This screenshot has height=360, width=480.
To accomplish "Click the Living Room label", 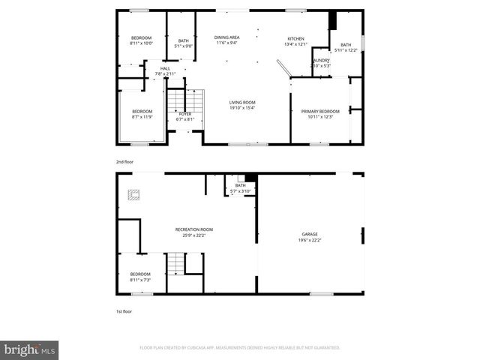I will [242, 102].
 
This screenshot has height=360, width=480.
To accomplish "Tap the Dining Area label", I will [226, 37].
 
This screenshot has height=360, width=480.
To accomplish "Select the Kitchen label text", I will [296, 39].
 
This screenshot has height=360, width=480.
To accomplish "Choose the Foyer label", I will [184, 113].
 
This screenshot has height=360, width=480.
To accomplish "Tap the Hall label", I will [165, 69].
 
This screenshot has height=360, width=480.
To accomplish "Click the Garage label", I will [310, 234].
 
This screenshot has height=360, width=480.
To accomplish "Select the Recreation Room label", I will [194, 229].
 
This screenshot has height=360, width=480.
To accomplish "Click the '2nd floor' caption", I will [125, 160].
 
